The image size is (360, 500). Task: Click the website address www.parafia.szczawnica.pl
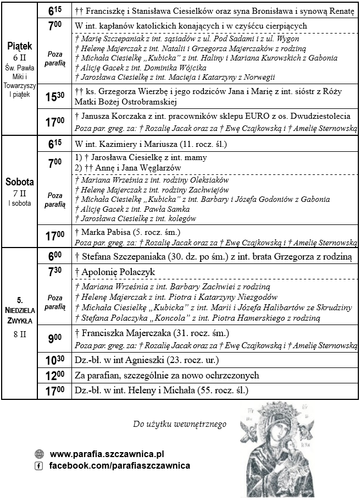107,454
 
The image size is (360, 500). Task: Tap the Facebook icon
39,466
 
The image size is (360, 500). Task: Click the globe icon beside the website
39,454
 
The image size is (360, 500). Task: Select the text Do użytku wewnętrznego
179,424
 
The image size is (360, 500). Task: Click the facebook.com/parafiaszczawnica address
120,466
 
